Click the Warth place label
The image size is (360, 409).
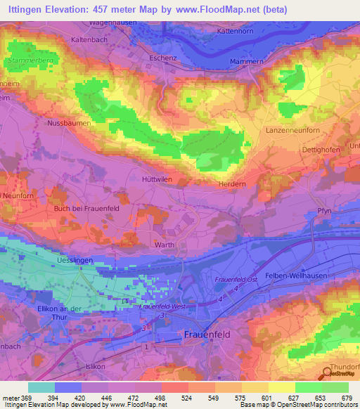pyautogui.click(x=165, y=245)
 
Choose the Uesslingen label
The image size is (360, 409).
pyautogui.click(x=73, y=260)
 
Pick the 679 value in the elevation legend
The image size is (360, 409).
pyautogui.click(x=345, y=398)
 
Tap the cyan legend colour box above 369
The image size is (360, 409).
pyautogui.click(x=41, y=387)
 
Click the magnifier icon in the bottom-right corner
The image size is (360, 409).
pyautogui.click(x=327, y=374)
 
